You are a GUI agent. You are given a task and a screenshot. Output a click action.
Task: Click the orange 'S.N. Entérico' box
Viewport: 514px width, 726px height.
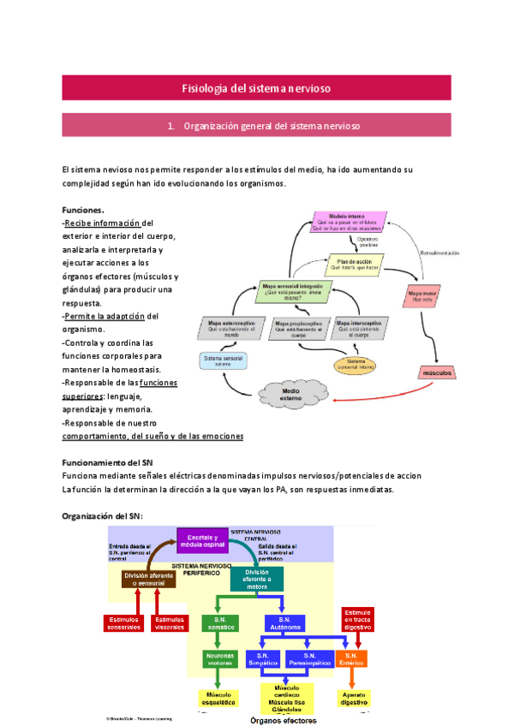click(352, 659)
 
